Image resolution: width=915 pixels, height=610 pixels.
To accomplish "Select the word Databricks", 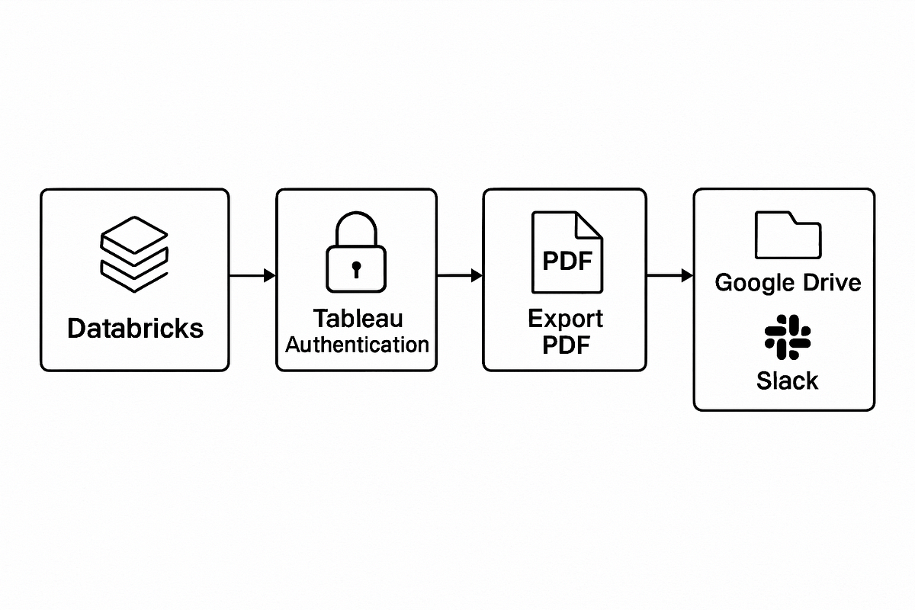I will (135, 329).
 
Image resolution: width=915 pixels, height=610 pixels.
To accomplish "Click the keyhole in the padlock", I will (355, 268).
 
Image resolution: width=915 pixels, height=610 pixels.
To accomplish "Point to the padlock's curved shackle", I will (355, 226).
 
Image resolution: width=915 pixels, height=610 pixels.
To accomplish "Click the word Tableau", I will (357, 318).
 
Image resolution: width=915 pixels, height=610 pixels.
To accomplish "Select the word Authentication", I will (357, 345).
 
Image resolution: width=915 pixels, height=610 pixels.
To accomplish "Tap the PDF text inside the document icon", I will (567, 261).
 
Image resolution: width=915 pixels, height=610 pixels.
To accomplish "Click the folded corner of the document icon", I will (589, 226).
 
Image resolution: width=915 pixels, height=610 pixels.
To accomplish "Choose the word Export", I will (565, 318).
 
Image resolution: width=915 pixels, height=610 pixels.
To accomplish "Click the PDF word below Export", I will (565, 345).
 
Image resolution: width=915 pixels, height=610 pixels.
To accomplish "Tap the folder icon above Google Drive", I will (788, 235).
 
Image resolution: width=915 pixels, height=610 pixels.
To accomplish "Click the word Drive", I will (831, 282).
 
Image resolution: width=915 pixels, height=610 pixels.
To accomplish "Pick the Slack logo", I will (788, 338).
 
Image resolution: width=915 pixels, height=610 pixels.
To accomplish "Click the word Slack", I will (788, 380).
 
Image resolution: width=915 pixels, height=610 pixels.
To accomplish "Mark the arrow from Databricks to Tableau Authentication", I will (252, 276).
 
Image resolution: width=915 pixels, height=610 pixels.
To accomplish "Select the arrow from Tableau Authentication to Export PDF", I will (460, 276).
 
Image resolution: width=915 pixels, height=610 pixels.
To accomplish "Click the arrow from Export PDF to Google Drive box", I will (669, 276).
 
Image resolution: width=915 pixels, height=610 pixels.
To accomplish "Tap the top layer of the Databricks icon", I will (134, 232).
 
